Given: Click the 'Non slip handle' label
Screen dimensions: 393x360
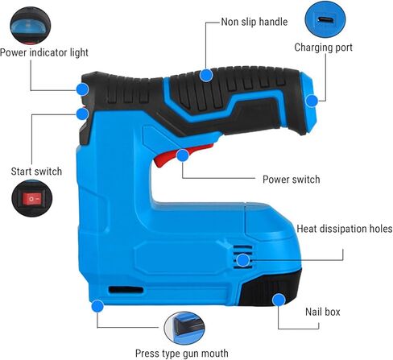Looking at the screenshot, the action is [x=254, y=22].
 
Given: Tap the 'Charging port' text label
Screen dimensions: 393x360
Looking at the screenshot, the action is [x=323, y=48].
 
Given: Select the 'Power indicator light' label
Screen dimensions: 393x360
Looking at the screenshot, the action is [x=44, y=52].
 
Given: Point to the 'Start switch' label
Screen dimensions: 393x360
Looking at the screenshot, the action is [x=36, y=172].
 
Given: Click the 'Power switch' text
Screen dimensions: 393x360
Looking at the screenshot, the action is [x=292, y=180].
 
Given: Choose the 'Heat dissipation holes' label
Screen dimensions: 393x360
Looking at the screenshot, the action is [x=345, y=229].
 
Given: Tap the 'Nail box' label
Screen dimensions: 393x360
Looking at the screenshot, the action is [x=323, y=312].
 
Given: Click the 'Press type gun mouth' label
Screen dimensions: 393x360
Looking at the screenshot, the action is [x=182, y=354].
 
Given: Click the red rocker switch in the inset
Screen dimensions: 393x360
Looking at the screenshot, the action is [x=31, y=199].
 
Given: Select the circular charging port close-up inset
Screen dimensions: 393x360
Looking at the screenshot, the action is [x=325, y=19].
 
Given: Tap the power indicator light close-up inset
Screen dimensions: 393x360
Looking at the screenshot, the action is [x=31, y=26].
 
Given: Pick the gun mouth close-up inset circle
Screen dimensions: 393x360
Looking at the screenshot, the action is [x=184, y=329].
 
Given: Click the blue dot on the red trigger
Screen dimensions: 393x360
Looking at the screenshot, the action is [x=183, y=155].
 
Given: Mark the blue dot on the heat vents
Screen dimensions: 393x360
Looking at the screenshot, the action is [x=243, y=260].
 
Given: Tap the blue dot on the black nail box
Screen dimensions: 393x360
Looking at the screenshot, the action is [x=279, y=300].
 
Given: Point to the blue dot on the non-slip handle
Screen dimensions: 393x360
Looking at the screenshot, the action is [x=206, y=76].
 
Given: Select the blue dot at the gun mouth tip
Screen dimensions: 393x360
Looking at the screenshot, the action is [x=97, y=306].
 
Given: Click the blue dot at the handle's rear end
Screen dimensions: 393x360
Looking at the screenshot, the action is [x=312, y=101].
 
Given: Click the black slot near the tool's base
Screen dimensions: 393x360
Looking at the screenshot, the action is [x=126, y=290].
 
